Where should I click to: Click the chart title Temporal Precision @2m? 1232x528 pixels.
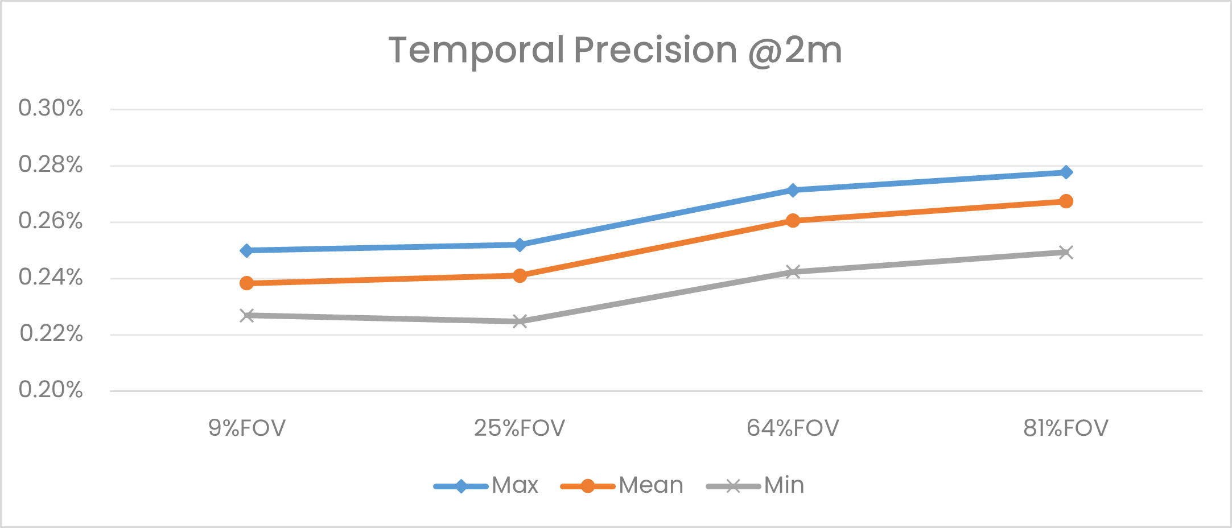click(x=615, y=50)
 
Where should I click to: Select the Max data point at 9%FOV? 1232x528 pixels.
click(x=246, y=250)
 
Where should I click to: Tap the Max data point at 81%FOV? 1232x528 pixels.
click(x=1066, y=172)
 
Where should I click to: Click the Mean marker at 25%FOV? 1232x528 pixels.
click(x=520, y=276)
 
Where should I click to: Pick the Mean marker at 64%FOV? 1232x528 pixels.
click(x=793, y=221)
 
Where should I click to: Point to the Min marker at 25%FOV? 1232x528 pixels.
click(x=520, y=321)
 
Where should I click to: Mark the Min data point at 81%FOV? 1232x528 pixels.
click(x=1066, y=253)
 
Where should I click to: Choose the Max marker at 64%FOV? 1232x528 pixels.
click(x=793, y=190)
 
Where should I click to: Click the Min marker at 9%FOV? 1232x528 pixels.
click(x=246, y=315)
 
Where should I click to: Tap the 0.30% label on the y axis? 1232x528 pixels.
click(x=51, y=108)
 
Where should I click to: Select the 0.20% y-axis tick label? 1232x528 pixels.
click(x=51, y=390)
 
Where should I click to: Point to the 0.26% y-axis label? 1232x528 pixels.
click(x=51, y=221)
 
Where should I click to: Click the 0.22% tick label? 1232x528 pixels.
click(x=51, y=333)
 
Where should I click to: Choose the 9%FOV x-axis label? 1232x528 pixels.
click(x=246, y=428)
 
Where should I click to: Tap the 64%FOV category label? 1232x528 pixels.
click(x=793, y=428)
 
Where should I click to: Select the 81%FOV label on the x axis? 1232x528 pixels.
click(x=1066, y=428)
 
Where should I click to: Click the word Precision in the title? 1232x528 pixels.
click(x=656, y=50)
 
